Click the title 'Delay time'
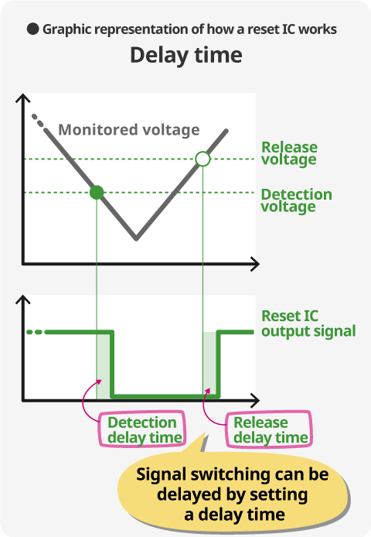[186, 56]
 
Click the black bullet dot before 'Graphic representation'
[33, 29]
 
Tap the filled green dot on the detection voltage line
[97, 193]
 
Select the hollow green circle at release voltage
[203, 159]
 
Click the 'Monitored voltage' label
[129, 130]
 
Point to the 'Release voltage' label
[289, 153]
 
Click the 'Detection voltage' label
[296, 200]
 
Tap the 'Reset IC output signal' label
[308, 323]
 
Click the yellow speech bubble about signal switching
[233, 494]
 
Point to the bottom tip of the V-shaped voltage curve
[136, 238]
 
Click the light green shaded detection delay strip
[104, 364]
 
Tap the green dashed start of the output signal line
[34, 332]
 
